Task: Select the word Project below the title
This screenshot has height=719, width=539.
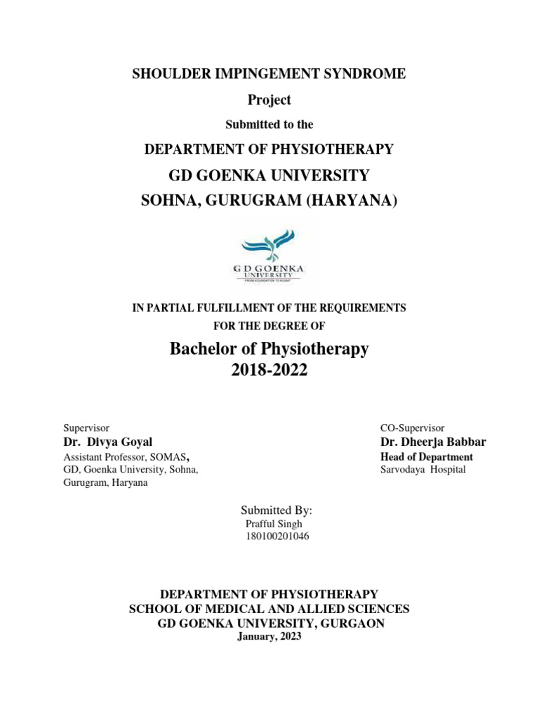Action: pos(269,100)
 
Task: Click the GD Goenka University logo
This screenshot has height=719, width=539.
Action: pos(269,256)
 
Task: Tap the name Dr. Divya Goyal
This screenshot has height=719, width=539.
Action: pos(107,442)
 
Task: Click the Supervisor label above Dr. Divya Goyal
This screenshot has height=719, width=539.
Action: pos(86,428)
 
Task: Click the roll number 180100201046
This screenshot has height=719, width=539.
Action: pos(277,537)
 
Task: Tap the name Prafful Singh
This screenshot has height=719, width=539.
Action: pos(274,524)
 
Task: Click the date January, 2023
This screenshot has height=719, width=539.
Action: pos(269,637)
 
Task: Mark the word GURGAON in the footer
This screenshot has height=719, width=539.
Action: pos(352,624)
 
